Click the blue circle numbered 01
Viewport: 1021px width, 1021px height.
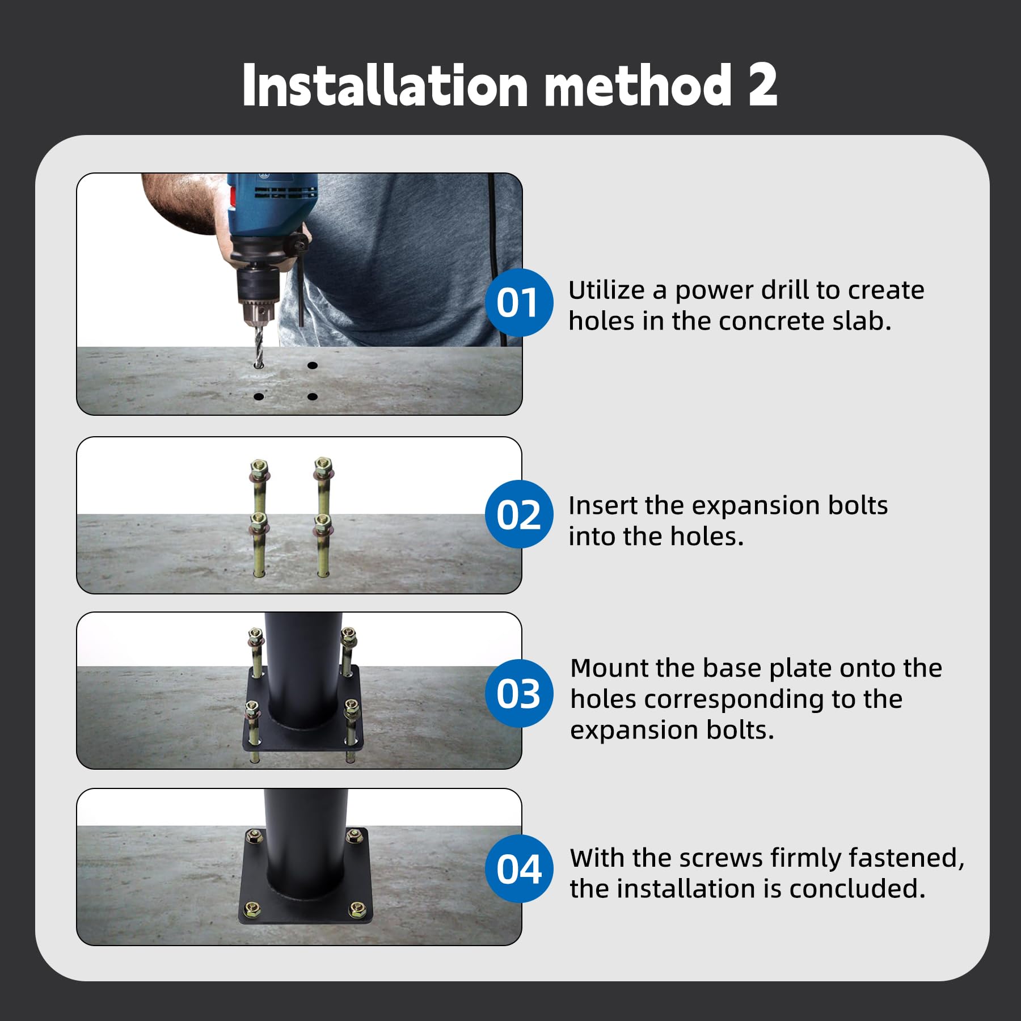(x=519, y=302)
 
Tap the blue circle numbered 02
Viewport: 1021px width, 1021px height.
(x=519, y=514)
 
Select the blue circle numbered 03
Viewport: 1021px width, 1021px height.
(x=519, y=693)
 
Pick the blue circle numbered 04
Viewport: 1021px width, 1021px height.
(x=519, y=868)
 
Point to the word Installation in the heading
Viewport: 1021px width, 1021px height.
(x=385, y=85)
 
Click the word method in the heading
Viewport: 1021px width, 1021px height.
(x=638, y=85)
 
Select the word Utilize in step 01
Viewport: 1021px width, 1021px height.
(x=606, y=290)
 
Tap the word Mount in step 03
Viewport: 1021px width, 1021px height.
(x=609, y=668)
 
